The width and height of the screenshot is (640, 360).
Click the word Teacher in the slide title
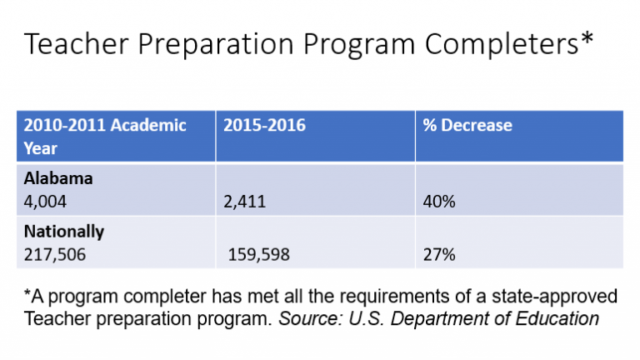(x=77, y=43)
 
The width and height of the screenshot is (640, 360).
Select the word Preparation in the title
(x=216, y=45)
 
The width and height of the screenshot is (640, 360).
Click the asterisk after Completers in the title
(x=587, y=37)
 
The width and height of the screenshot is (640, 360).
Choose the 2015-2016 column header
(x=264, y=125)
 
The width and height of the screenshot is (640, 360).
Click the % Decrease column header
(x=467, y=125)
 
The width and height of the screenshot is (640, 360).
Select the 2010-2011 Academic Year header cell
(x=105, y=137)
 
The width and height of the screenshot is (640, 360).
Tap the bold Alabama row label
(x=58, y=178)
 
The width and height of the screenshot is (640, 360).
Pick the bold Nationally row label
(x=64, y=232)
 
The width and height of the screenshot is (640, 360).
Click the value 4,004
(x=45, y=202)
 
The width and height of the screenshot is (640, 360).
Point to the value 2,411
(x=244, y=202)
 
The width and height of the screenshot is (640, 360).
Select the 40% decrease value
(x=439, y=202)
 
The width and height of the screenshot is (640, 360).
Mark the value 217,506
(x=55, y=255)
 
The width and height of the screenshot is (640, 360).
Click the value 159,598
(x=259, y=255)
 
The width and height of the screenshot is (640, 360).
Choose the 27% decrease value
(x=439, y=255)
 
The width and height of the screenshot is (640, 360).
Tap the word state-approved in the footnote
(x=554, y=297)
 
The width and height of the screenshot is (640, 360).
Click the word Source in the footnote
(x=310, y=319)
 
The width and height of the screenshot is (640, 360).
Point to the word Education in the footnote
(x=557, y=319)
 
